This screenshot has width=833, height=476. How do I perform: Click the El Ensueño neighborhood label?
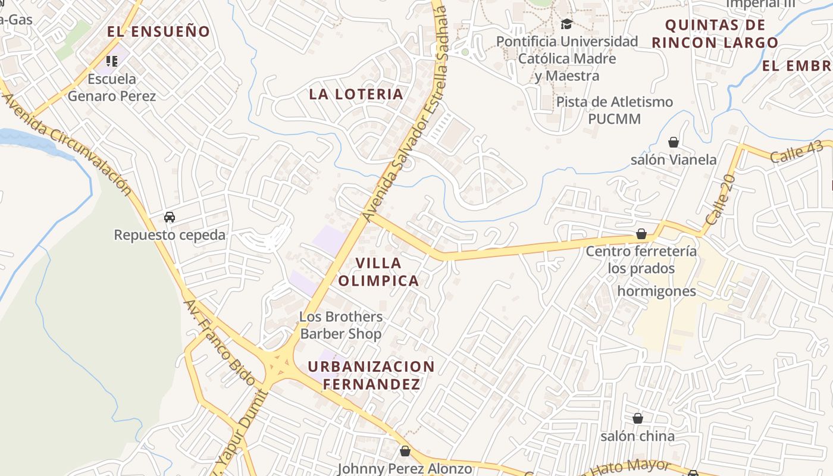pyautogui.click(x=158, y=32)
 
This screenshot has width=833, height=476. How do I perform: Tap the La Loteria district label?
pyautogui.click(x=356, y=94)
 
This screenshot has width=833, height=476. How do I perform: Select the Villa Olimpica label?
pyautogui.click(x=378, y=272)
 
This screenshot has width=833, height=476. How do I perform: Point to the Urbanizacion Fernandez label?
pyautogui.click(x=371, y=375)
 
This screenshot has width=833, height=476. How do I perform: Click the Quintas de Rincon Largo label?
pyautogui.click(x=715, y=34)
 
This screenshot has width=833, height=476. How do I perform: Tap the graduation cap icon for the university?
pyautogui.click(x=566, y=24)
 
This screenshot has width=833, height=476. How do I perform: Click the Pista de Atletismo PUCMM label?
pyautogui.click(x=614, y=110)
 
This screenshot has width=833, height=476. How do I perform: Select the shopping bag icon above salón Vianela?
pyautogui.click(x=674, y=142)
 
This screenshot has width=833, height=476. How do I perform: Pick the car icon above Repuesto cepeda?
pyautogui.click(x=170, y=217)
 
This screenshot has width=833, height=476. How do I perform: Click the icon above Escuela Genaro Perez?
pyautogui.click(x=111, y=61)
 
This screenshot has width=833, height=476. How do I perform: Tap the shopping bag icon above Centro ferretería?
pyautogui.click(x=641, y=234)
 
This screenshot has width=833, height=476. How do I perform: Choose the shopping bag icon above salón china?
pyautogui.click(x=638, y=419)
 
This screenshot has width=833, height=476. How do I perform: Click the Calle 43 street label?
pyautogui.click(x=796, y=153)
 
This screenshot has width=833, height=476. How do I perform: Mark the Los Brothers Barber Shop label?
pyautogui.click(x=341, y=325)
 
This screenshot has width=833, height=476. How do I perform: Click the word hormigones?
pyautogui.click(x=656, y=291)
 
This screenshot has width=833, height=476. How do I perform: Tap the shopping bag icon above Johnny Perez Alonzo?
pyautogui.click(x=405, y=452)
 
